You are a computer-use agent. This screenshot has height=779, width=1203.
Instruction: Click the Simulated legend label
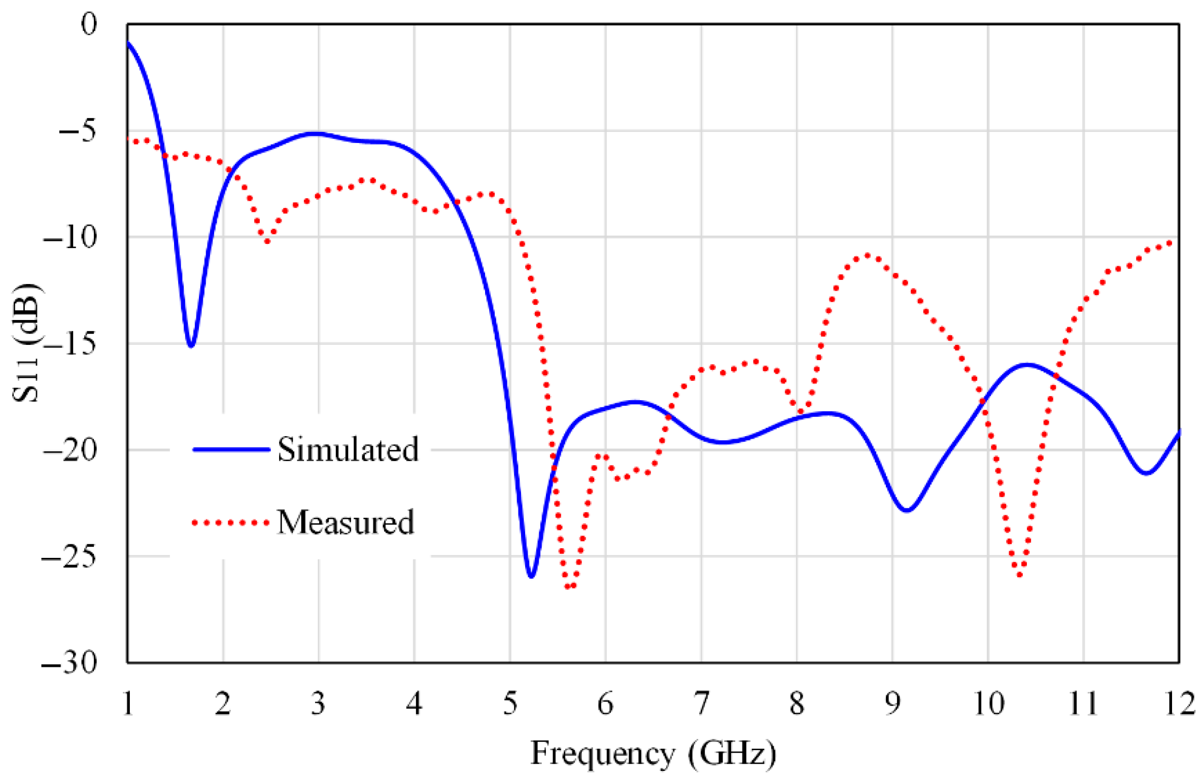point(348,449)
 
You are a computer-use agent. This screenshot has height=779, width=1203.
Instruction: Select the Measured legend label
point(346,522)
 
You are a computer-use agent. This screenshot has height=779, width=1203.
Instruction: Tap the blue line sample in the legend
point(231,449)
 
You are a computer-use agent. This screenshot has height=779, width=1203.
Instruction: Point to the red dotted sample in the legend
point(230,522)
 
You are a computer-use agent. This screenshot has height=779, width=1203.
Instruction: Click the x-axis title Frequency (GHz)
point(654,754)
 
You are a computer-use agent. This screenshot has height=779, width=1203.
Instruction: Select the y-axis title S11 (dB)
point(26,343)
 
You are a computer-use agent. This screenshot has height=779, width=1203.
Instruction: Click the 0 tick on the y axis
point(89,24)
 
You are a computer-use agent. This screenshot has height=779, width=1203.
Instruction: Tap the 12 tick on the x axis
point(1179,704)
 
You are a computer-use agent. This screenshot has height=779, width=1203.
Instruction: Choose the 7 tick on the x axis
point(701,704)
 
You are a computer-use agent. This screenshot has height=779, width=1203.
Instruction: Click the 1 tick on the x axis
point(128,704)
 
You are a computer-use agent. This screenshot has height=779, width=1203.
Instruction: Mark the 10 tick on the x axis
point(988,704)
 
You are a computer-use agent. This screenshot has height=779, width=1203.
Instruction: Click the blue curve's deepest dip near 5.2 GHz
point(531,577)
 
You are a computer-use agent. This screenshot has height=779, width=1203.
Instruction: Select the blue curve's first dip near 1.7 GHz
point(191,346)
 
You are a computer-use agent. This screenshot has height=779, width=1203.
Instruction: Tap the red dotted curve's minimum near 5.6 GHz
point(569,587)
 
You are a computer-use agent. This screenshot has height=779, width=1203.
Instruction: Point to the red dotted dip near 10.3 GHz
point(1020,575)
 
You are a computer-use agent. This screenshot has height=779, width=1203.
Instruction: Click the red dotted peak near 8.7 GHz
point(868,255)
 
